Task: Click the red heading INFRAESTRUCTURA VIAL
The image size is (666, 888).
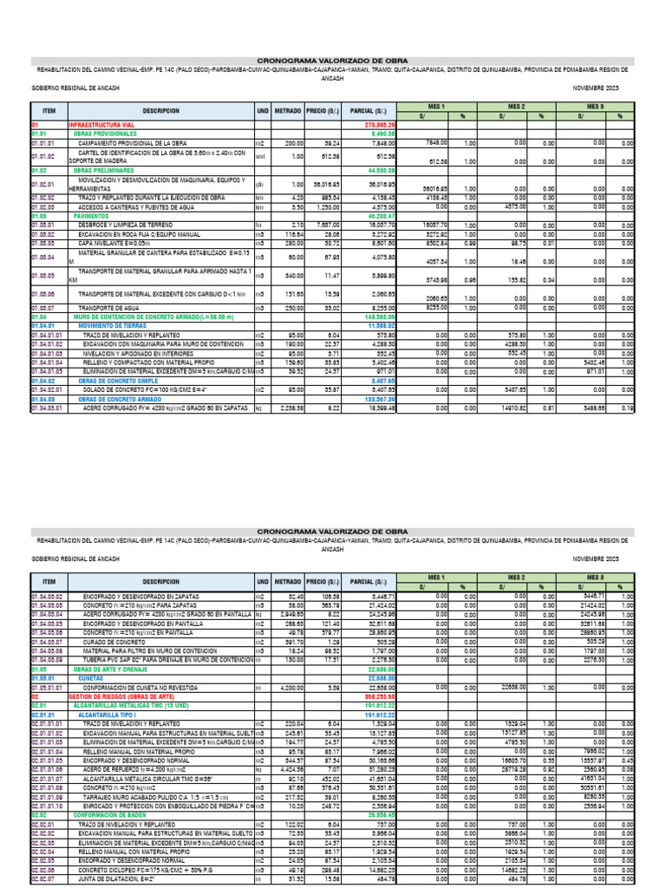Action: [x=98, y=126]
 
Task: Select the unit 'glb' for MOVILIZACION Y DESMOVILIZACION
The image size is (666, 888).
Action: [x=259, y=184]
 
